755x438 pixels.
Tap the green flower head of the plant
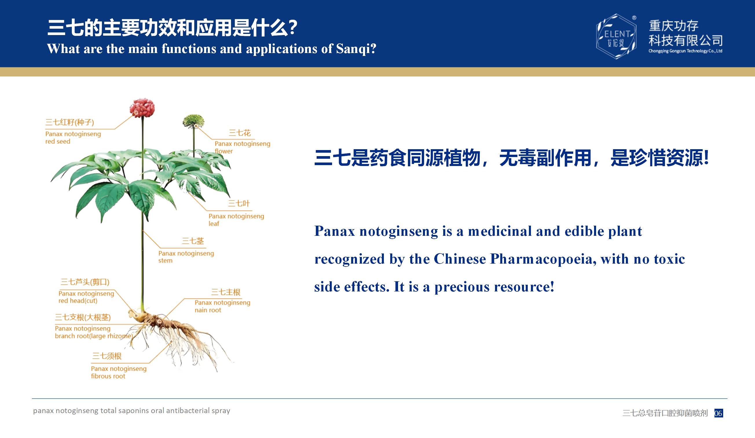coord(194,121)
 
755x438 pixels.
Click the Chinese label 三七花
coord(239,133)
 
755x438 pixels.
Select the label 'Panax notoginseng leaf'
coord(236,220)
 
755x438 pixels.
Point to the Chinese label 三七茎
coord(193,241)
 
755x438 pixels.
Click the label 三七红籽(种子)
coord(69,122)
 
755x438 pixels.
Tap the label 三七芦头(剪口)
coord(85,282)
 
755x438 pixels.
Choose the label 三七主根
coord(226,292)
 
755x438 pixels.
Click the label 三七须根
coord(107,356)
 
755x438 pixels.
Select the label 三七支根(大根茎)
coord(83,317)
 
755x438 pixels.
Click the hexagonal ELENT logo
coord(616,36)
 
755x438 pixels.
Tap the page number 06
coord(719,413)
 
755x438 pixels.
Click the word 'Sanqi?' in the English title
coord(356,49)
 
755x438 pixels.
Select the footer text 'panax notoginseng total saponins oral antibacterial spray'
coord(131,411)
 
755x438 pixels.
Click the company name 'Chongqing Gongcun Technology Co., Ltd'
coord(686,51)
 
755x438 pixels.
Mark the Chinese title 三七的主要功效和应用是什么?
coord(172,28)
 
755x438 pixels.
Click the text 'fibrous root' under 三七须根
coord(108,376)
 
